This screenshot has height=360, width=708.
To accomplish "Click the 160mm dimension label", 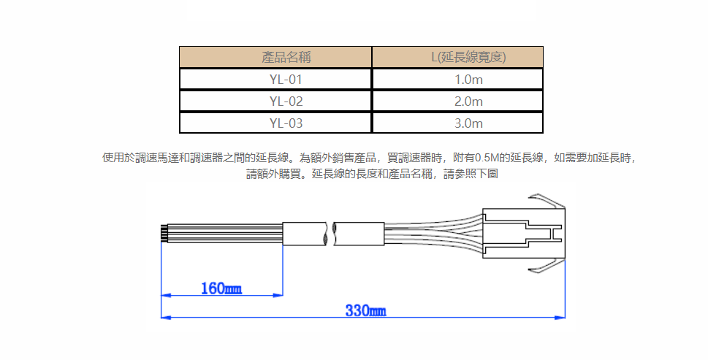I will click(x=221, y=288).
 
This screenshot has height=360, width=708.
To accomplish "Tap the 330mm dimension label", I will click(x=366, y=311).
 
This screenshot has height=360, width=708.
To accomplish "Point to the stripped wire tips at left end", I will click(x=164, y=234).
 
